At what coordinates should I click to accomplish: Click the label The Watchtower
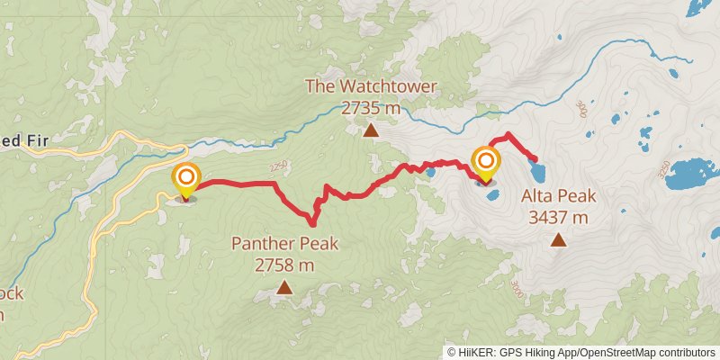[371, 87]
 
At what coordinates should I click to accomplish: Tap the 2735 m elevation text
[371, 108]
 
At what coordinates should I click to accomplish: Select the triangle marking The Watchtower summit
[371, 131]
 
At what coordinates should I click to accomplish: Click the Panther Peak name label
[284, 243]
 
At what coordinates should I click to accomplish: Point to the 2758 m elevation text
[284, 265]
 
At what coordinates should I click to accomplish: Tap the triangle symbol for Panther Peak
[284, 288]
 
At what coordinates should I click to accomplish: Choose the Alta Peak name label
[559, 195]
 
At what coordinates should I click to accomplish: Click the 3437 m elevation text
[559, 217]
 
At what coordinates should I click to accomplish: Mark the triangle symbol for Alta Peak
[559, 239]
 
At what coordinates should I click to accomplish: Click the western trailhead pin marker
[185, 178]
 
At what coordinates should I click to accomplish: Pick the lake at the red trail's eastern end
[538, 169]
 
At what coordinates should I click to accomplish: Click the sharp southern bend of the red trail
[311, 221]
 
